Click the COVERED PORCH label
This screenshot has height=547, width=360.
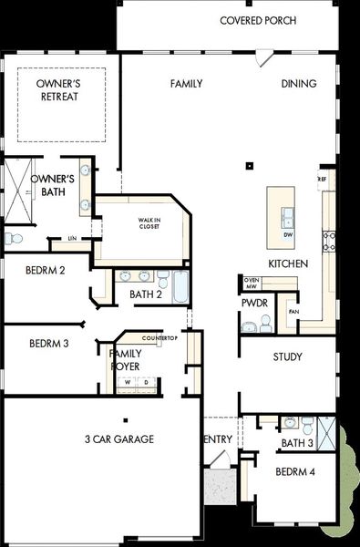pos(258,19)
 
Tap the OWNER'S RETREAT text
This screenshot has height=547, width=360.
pos(56,90)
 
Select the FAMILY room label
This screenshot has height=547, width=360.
pos(186,84)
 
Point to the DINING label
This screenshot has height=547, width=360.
pos(299,84)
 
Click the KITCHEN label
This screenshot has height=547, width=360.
pos(288,263)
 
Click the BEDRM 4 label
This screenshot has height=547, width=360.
pos(295,471)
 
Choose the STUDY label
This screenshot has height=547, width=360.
pos(287,356)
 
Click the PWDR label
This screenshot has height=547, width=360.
pos(252,303)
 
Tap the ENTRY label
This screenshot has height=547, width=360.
pos(219,439)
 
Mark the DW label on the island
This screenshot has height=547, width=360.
pos(287,235)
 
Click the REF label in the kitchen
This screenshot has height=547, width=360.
pos(322,180)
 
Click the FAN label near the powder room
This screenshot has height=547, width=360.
pos(293,311)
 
